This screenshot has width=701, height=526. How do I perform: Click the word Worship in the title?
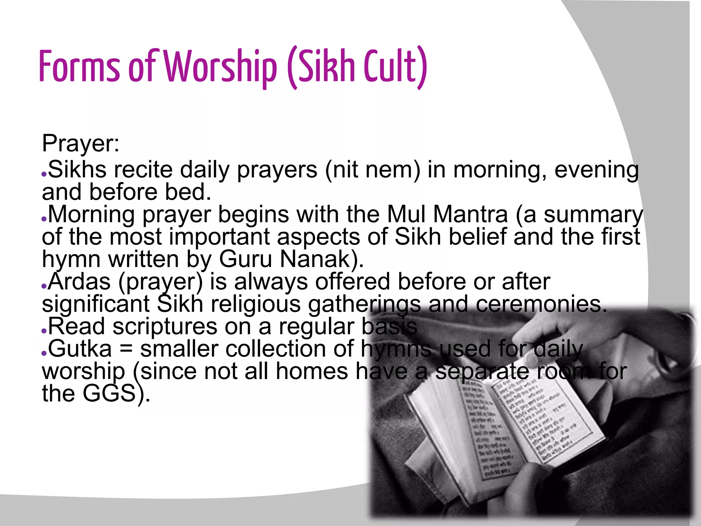221,67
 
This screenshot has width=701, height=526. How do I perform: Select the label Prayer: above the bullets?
81,144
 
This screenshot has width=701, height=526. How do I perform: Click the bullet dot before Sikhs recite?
44,174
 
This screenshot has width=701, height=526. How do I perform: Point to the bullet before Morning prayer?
44,218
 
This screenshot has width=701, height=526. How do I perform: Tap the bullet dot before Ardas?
44,286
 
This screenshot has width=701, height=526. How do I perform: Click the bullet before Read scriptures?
44,330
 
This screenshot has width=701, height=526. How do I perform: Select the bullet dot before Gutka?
44,353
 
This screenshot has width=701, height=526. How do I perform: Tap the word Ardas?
79,282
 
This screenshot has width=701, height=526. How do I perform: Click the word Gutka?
80,349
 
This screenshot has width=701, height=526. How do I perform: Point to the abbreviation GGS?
110,393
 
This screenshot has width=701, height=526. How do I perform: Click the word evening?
596,170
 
